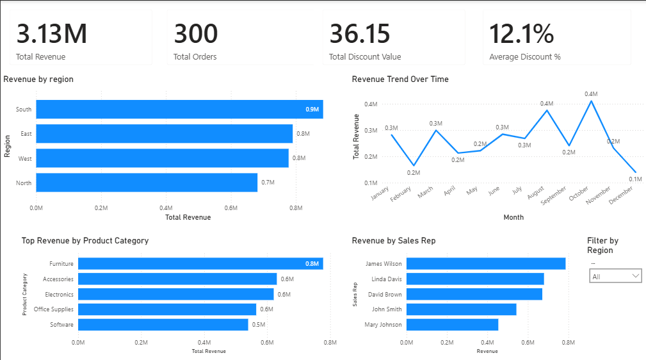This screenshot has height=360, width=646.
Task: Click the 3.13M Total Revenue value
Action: coord(51,34)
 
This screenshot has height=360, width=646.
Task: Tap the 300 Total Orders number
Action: coord(196,34)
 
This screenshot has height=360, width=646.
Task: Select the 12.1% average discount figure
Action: coord(521,34)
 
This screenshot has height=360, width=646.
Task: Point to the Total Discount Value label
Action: coord(365,57)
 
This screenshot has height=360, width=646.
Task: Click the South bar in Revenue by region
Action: coord(179,110)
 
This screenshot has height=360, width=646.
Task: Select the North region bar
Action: coord(147,183)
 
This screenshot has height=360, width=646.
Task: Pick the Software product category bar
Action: coord(163,325)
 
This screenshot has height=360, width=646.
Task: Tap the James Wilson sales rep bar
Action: coord(486,263)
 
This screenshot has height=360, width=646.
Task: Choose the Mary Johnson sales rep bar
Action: coord(452,325)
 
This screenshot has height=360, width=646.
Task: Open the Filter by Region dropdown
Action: coord(615,276)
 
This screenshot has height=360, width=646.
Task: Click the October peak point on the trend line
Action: coord(591,101)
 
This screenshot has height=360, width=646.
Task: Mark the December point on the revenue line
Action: coord(635,172)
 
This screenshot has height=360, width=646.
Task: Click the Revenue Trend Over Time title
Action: coord(400,79)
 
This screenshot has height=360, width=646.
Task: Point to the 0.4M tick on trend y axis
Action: coord(371,104)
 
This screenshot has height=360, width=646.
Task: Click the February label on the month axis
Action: coord(401,195)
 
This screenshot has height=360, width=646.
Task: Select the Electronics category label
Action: coord(59,295)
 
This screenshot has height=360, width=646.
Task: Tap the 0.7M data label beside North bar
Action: coord(268,183)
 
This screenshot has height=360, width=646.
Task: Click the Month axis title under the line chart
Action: coord(513,217)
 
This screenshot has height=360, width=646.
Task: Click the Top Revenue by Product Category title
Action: coord(85,241)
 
